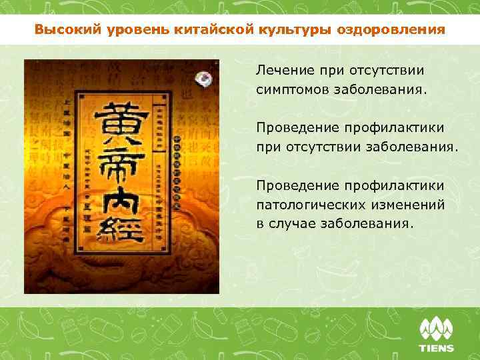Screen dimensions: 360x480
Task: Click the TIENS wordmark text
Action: coord(436,348)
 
